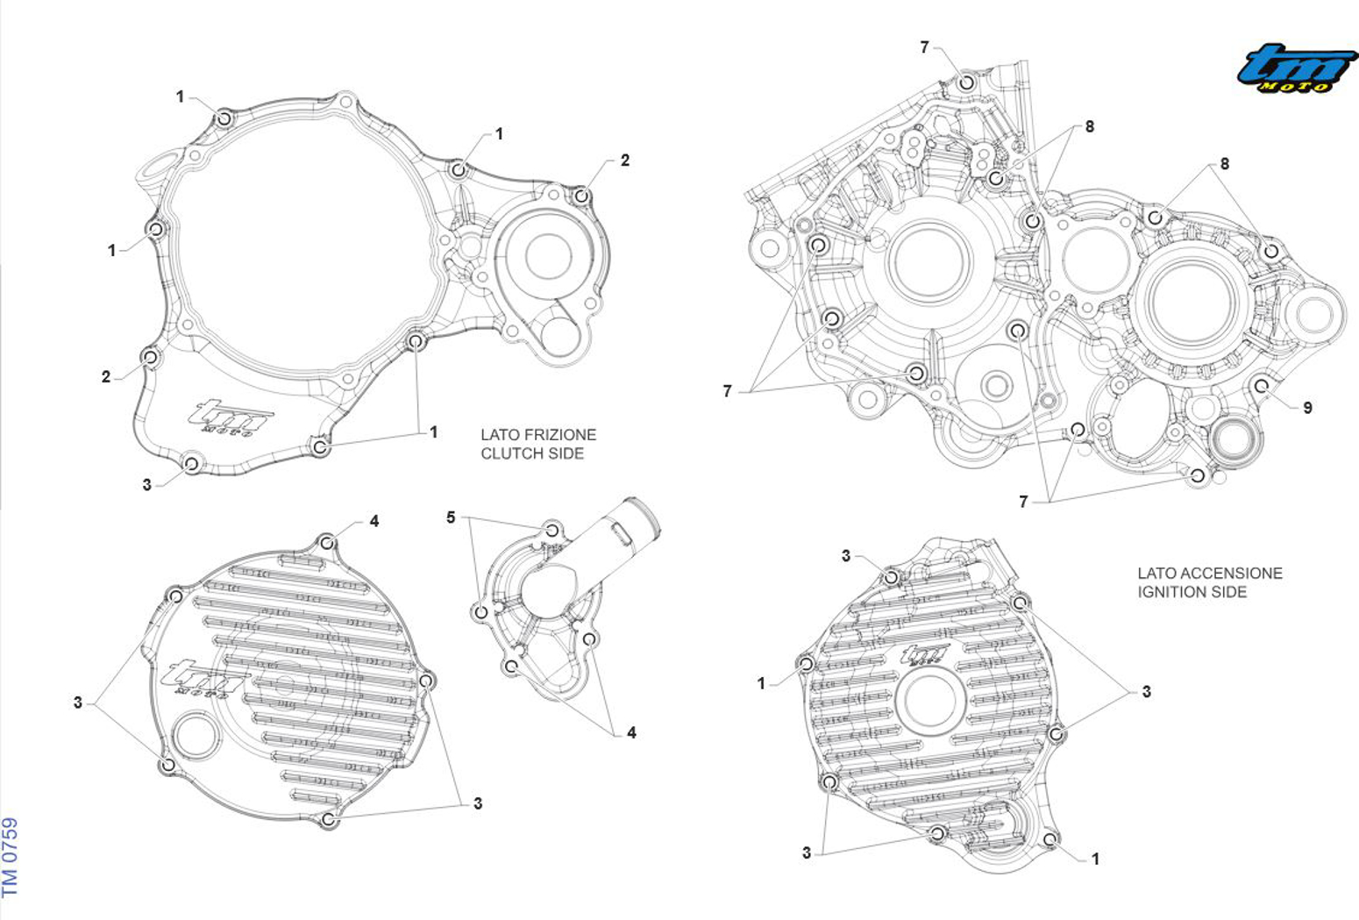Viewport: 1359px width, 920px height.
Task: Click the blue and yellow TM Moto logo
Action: (1297, 68)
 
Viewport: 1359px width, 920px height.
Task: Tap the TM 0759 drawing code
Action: (11, 857)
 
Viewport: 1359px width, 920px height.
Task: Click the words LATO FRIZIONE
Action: (538, 435)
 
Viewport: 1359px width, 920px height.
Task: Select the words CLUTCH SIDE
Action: (532, 454)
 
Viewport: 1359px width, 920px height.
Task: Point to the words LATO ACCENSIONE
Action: (1210, 574)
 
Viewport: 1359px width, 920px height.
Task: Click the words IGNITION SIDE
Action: (1192, 592)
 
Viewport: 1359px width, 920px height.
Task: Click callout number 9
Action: (1307, 408)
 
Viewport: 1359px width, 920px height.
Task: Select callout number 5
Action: (451, 517)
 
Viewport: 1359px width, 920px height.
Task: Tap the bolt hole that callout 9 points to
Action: (1262, 386)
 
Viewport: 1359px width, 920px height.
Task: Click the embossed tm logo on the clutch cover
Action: (231, 417)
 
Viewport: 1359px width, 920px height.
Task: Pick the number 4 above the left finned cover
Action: (374, 521)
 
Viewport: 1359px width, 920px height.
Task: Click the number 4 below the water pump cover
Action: (631, 733)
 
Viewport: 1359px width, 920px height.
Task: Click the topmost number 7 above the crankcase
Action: (924, 47)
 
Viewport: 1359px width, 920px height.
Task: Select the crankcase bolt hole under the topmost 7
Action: (967, 82)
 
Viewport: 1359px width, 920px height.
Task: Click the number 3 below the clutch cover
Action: (146, 485)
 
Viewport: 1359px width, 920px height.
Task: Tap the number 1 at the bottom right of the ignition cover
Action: (1095, 859)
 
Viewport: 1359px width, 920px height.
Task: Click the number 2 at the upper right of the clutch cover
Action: (625, 160)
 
